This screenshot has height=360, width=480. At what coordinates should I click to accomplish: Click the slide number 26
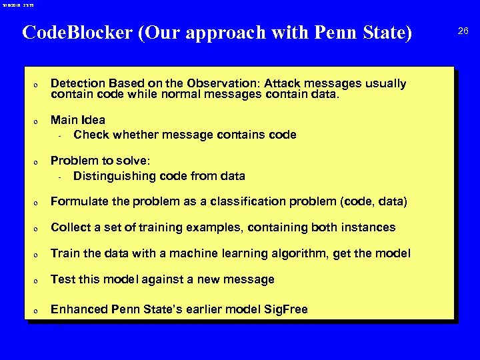tap(463, 31)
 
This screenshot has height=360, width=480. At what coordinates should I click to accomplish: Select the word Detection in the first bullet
tap(78, 83)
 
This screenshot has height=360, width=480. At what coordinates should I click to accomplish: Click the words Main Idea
tap(77, 120)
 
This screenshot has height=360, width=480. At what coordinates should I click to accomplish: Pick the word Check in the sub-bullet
tap(90, 135)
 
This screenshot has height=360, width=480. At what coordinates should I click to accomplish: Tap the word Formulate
tap(78, 201)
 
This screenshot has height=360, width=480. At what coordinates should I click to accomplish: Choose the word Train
tap(65, 253)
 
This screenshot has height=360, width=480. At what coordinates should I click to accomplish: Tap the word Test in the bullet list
tap(63, 279)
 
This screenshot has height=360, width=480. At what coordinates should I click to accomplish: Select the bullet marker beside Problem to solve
tap(36, 162)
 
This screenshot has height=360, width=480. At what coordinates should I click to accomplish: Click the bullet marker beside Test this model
tap(36, 281)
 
